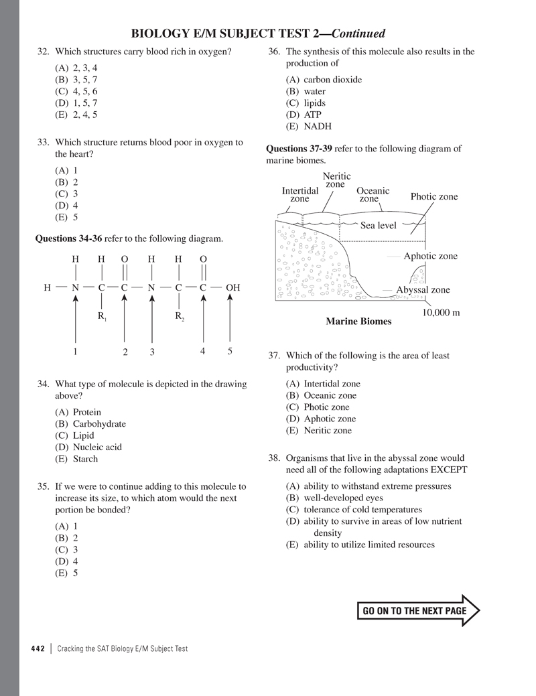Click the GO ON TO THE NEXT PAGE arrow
click(x=419, y=611)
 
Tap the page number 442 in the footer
click(x=38, y=648)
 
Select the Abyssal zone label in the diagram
click(x=423, y=290)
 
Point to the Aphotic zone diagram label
click(x=430, y=256)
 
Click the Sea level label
click(x=379, y=226)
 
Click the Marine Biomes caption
click(x=358, y=322)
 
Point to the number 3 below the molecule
click(x=152, y=352)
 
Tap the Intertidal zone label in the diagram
click(x=299, y=195)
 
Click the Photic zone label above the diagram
click(x=433, y=196)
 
